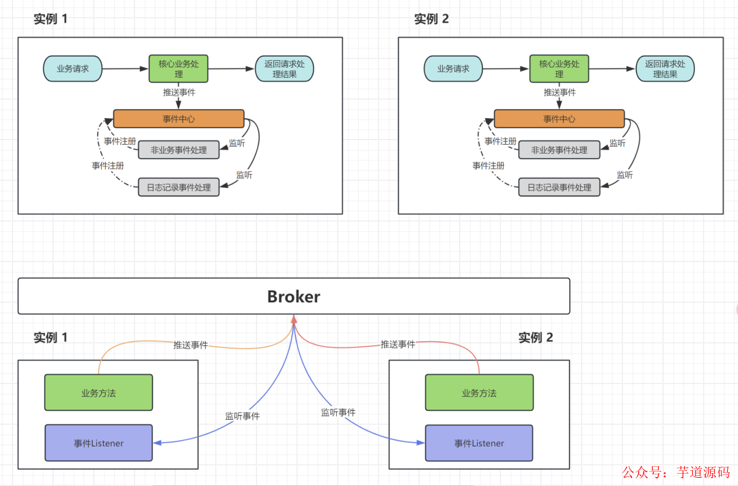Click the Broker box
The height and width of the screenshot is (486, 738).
(293, 296)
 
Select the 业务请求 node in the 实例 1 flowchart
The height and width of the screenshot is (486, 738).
(72, 69)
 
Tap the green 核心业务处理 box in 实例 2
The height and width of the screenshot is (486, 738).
(559, 69)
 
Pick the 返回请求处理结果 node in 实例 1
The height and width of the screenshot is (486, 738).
(284, 69)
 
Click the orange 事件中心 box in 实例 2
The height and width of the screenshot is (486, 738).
(559, 119)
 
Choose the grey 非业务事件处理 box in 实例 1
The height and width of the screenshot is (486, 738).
(178, 150)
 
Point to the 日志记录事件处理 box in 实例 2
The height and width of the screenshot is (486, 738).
(559, 187)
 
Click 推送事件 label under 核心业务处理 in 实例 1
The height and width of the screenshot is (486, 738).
(179, 92)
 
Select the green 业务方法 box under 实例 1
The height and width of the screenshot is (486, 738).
(98, 392)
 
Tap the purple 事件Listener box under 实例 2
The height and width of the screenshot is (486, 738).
(478, 443)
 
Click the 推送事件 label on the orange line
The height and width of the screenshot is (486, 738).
(191, 345)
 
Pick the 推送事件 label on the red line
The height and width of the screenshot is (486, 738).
(398, 345)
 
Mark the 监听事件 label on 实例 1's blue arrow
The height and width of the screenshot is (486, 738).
(243, 416)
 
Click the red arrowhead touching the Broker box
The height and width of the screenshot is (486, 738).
(294, 319)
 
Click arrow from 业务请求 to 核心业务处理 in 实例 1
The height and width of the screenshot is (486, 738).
(125, 68)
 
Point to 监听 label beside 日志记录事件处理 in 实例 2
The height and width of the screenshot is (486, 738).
(625, 175)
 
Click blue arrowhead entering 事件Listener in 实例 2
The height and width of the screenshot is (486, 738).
(421, 443)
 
